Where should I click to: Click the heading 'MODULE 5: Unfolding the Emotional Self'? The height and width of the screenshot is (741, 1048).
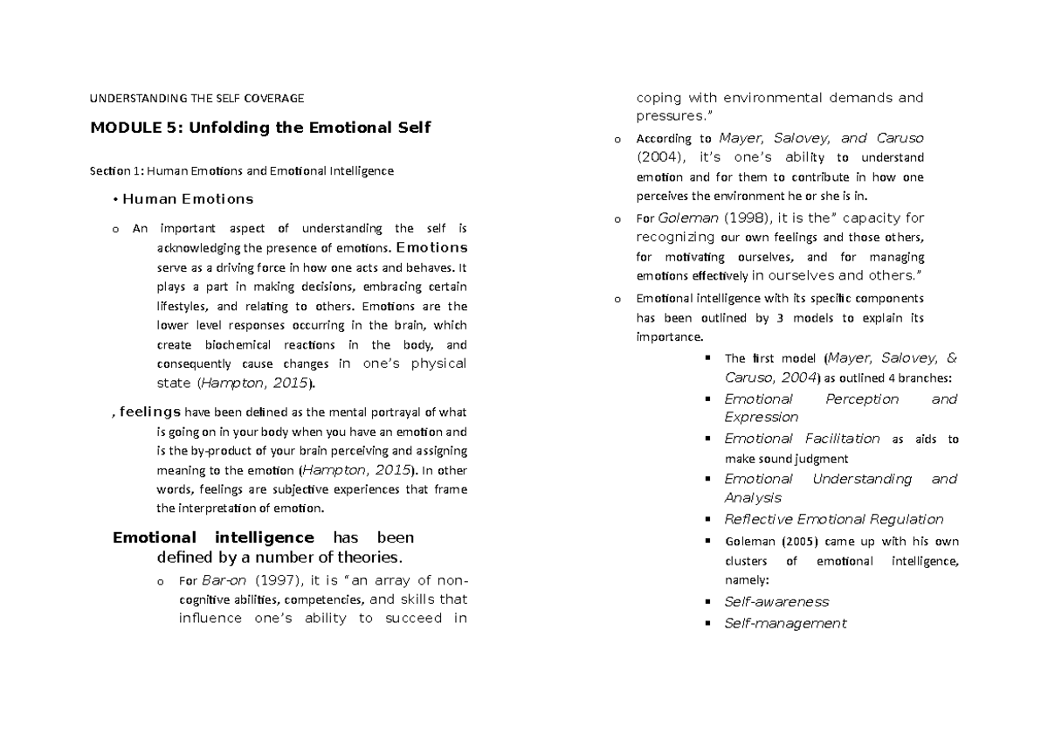[x=260, y=128]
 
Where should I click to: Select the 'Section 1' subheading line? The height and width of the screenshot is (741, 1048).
[x=242, y=171]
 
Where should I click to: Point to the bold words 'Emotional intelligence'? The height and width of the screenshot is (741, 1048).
[x=213, y=537]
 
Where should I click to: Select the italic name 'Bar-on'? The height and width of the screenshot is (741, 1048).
[x=217, y=580]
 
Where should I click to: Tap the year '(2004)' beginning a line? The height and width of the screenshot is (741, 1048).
[x=662, y=158]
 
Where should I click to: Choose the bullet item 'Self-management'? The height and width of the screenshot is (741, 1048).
[x=785, y=624]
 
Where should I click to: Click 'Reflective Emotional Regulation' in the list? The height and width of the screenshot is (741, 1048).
[x=834, y=519]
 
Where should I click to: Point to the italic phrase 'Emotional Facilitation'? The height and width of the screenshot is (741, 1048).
[x=802, y=439]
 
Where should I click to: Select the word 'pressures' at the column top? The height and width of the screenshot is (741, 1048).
[x=667, y=116]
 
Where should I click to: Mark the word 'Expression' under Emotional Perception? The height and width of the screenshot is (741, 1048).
[x=761, y=418]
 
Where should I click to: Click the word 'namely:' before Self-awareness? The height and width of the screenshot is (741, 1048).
[x=748, y=579]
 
